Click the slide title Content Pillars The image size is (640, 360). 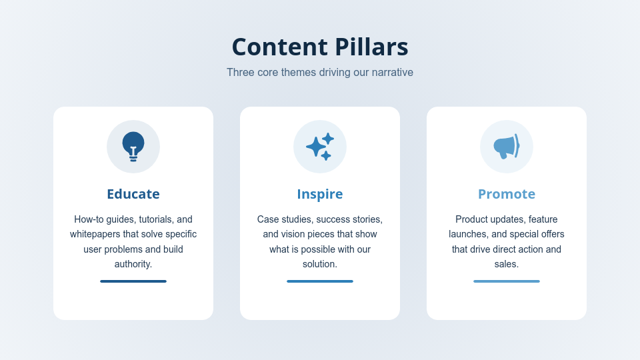point(320,47)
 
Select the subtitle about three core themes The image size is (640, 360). point(320,72)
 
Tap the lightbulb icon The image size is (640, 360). point(133,146)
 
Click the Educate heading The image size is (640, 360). point(133,194)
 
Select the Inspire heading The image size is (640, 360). point(320,194)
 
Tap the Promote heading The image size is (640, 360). point(507,194)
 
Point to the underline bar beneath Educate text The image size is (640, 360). point(133,281)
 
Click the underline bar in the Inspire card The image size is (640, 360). point(320,281)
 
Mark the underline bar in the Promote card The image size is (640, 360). point(507,281)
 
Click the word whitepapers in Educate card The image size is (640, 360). point(95,234)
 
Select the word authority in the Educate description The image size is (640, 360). point(133,264)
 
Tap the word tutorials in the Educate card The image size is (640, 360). point(155,219)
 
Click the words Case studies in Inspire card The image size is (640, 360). point(284,219)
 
